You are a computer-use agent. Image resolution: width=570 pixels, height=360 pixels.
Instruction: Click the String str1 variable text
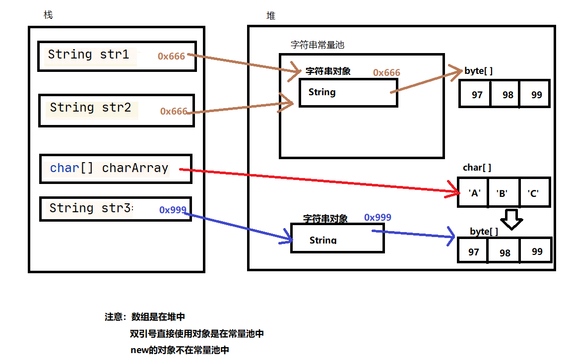tap(88, 55)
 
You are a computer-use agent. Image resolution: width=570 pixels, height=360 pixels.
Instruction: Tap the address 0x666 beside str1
tap(171, 57)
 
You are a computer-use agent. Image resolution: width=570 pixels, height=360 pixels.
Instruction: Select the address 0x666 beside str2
tap(173, 112)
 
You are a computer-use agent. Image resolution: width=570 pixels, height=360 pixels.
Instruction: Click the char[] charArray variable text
tap(109, 168)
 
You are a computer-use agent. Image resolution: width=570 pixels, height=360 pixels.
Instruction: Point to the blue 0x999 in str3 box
tap(173, 210)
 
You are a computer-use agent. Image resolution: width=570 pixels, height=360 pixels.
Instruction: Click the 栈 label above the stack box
tap(48, 15)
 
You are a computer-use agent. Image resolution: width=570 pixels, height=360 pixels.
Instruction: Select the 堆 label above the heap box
tap(271, 16)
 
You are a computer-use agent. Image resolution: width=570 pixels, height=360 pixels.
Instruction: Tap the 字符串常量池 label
tap(317, 45)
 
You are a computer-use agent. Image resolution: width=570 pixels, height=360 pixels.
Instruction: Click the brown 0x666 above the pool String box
tap(386, 73)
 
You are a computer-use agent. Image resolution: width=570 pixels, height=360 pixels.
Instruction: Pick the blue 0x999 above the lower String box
tap(378, 217)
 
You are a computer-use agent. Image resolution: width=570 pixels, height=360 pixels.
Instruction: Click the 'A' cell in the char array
tap(474, 193)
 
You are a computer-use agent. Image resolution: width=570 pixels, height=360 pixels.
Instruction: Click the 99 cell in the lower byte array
tap(537, 251)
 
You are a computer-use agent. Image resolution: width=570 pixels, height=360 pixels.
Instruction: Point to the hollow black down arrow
tap(512, 219)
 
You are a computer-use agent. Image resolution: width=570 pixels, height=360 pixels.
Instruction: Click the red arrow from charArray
tap(317, 180)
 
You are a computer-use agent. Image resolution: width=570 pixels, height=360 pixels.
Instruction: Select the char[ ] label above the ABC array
tap(477, 168)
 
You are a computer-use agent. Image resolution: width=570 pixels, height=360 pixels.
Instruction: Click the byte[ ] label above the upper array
tap(478, 71)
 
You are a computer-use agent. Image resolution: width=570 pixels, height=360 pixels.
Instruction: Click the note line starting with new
tap(180, 350)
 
